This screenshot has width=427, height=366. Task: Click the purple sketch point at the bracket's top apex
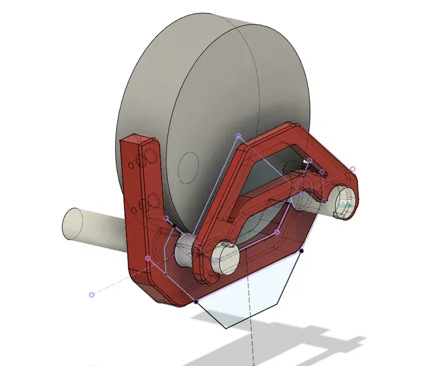coord(238,136)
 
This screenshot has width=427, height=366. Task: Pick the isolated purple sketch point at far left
coord(91,295)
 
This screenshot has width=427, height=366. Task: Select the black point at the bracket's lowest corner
coord(196,302)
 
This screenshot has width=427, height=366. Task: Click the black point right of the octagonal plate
coord(302,251)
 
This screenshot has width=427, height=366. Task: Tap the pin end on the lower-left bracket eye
coord(225,256)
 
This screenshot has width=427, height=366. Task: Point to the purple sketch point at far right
coord(353,169)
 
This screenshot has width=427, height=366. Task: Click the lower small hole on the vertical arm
coord(135,209)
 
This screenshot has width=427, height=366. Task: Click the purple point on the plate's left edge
coord(148,258)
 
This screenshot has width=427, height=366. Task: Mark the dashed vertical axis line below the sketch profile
coord(252,346)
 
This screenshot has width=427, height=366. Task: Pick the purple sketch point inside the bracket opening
coord(277,232)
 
